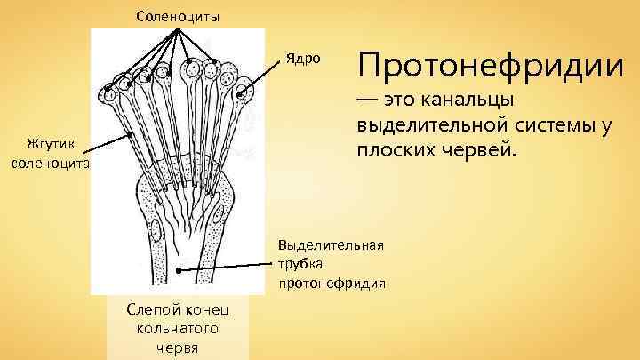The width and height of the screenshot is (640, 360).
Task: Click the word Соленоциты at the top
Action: pos(179,16)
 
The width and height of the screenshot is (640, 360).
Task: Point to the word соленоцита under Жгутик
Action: pos(45,163)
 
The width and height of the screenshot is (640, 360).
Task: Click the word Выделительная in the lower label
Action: pos(331,244)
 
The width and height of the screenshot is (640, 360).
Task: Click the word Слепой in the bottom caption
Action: pos(155,310)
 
